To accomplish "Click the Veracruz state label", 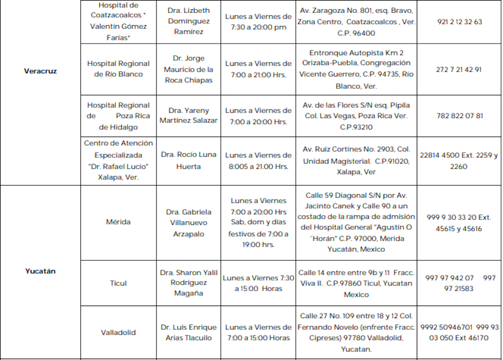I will [40, 71].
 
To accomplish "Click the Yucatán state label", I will [40, 271].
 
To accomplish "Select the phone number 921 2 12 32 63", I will [459, 22].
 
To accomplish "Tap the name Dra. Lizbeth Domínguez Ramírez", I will [189, 21].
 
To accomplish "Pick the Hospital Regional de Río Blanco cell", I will [119, 69].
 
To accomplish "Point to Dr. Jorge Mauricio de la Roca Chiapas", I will [189, 69].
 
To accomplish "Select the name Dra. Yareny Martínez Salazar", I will [189, 116].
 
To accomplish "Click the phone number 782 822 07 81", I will [459, 116].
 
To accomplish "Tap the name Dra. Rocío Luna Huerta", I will [189, 160].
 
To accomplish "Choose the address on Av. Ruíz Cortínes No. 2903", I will [356, 160].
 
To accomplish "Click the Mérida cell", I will [119, 222].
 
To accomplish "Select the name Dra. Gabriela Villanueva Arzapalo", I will [189, 222].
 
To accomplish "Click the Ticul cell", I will [119, 283].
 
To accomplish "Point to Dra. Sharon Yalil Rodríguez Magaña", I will [189, 283].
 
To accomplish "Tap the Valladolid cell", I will [119, 333].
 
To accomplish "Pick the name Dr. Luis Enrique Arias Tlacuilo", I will [189, 333].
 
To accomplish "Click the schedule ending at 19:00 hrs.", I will [258, 222].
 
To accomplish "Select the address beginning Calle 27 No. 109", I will [356, 333].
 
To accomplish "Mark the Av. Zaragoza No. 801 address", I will [356, 22].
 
